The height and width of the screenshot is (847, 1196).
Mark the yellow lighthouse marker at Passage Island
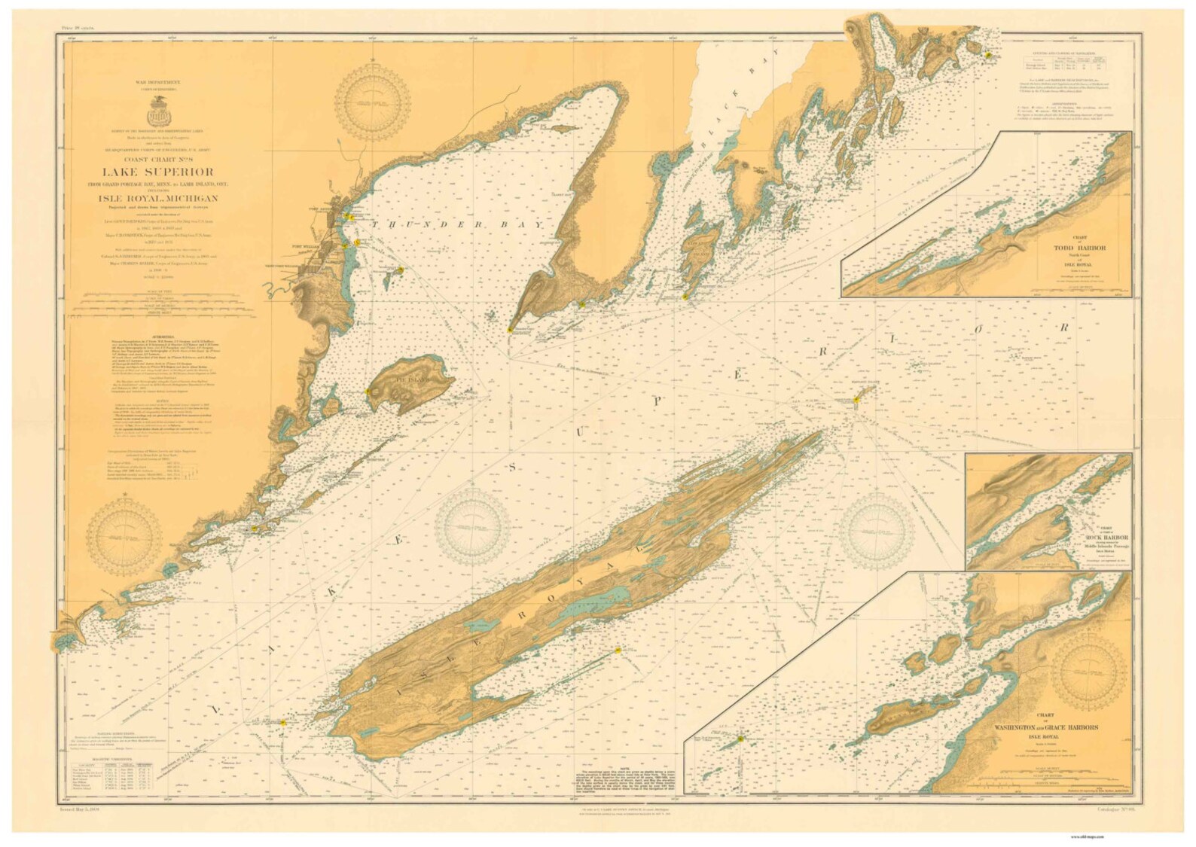857,401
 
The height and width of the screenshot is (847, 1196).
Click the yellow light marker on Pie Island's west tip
368,392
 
